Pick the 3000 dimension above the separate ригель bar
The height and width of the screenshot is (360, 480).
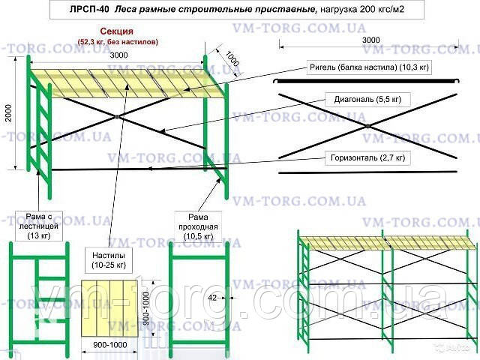coord(370,40)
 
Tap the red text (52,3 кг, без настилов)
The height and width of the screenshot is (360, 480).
coord(117,43)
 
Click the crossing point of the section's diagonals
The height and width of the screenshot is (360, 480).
coord(117,116)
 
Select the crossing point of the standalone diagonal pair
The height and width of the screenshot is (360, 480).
coord(367,125)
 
